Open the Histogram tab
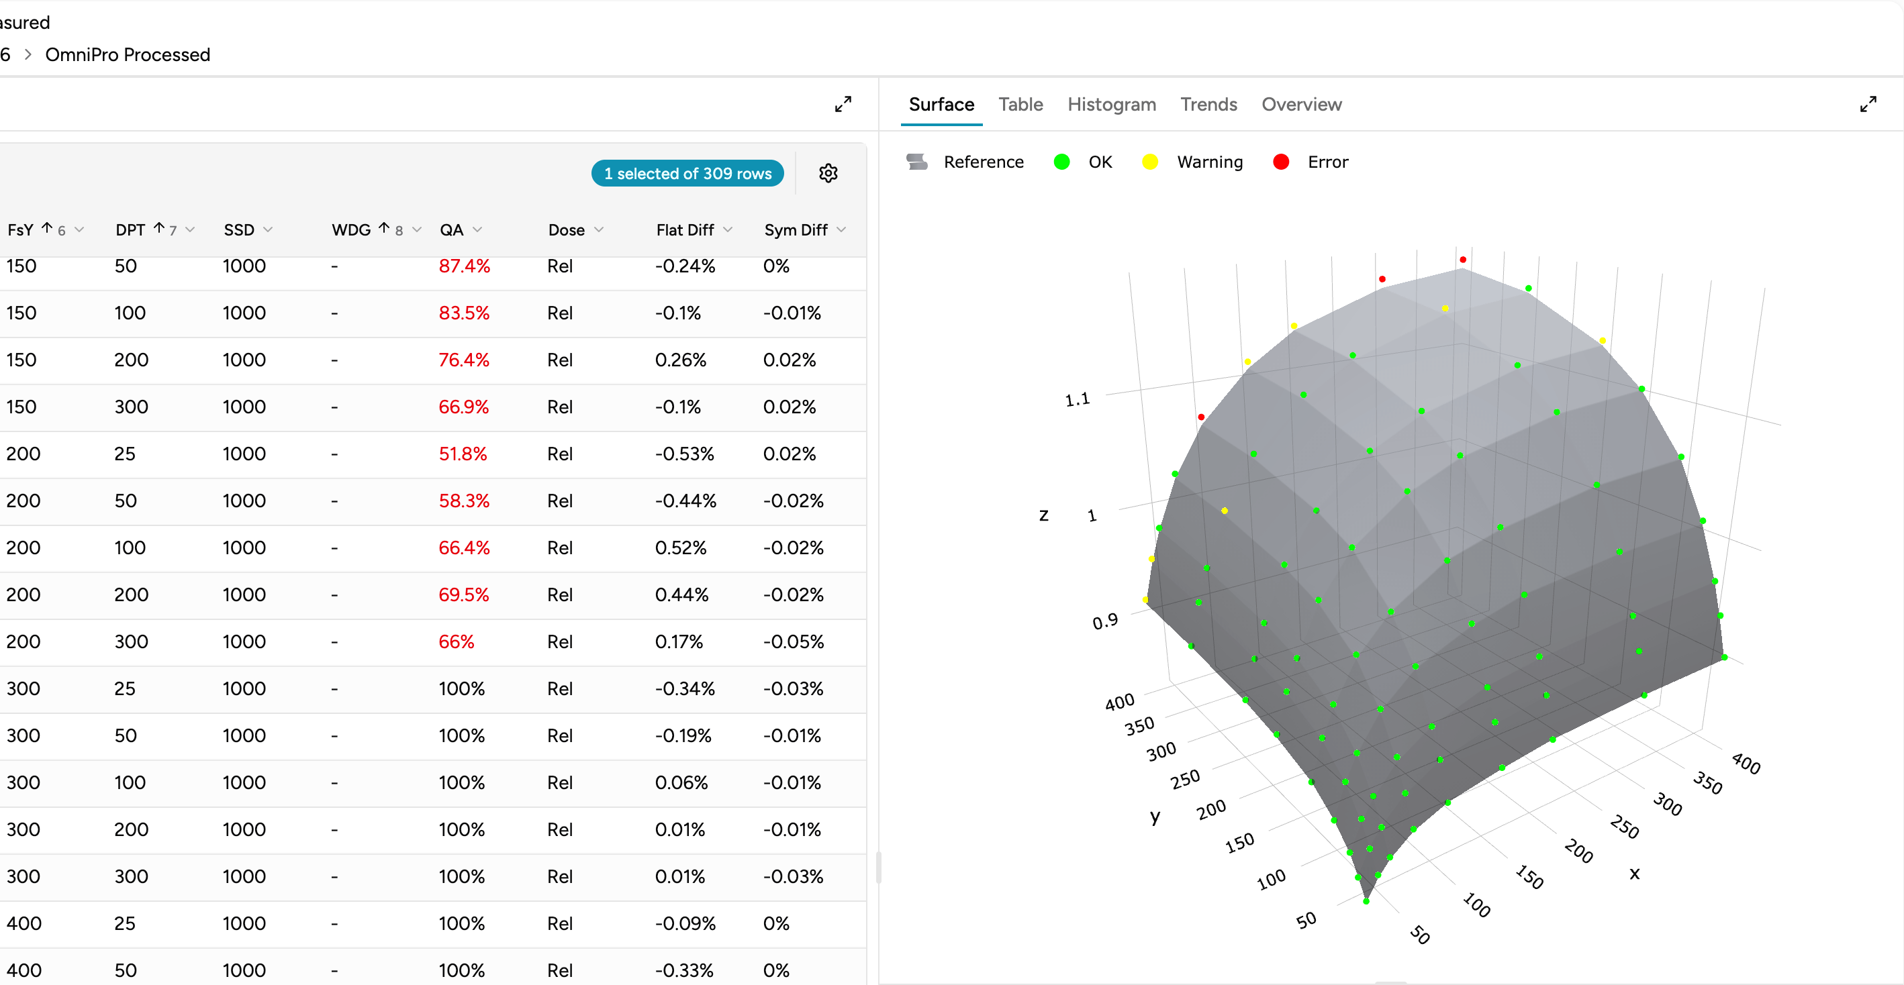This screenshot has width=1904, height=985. (x=1111, y=104)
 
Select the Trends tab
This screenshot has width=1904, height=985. (x=1208, y=104)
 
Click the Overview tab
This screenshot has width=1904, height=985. (x=1301, y=104)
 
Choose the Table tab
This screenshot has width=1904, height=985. (x=1020, y=104)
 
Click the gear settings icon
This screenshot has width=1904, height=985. (x=828, y=173)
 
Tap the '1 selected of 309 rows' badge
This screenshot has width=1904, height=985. (x=687, y=173)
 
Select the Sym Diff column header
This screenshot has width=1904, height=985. (x=796, y=229)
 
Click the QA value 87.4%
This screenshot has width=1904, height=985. (x=463, y=266)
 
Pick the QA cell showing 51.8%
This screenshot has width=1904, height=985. (x=462, y=454)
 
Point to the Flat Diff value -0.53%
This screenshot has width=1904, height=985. (x=683, y=454)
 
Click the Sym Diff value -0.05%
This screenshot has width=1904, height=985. (x=792, y=641)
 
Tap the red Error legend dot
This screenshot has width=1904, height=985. (x=1281, y=162)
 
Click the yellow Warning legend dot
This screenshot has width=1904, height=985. (x=1149, y=162)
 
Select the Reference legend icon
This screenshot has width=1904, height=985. (x=916, y=162)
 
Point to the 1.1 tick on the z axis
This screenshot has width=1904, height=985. (x=1077, y=400)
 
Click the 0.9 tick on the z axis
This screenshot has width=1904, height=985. (x=1104, y=621)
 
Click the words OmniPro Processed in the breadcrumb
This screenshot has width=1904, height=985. (x=127, y=54)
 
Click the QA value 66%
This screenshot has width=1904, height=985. (x=456, y=641)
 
